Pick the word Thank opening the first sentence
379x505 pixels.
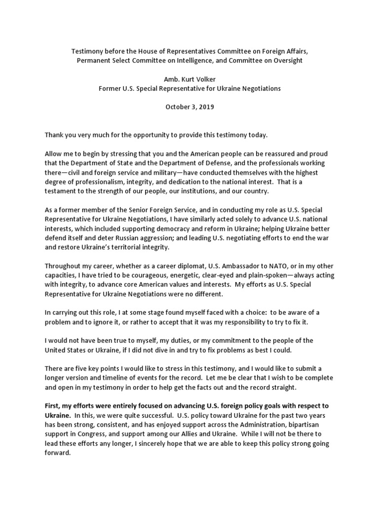55,134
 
